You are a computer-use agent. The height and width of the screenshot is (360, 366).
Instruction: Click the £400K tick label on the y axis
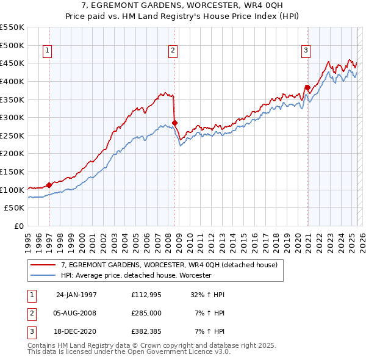13,81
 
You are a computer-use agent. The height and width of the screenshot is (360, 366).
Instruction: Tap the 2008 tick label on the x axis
168,242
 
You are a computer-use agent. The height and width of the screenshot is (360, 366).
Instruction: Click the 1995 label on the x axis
27,242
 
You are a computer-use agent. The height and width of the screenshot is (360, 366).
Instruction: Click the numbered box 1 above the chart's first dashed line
48,51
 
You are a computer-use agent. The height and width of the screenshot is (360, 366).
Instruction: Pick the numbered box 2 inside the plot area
173,51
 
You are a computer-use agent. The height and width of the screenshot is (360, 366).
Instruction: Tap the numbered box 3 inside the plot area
306,51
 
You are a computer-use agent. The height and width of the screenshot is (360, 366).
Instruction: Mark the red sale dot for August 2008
174,123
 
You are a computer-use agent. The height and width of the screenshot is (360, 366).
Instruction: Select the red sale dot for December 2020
307,87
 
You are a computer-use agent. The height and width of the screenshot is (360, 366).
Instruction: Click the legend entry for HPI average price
136,275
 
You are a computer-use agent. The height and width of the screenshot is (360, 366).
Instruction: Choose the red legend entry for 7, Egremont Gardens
169,265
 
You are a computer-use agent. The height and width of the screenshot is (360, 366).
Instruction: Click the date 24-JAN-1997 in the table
76,295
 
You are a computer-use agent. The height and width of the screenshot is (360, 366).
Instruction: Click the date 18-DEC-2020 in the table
76,331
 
